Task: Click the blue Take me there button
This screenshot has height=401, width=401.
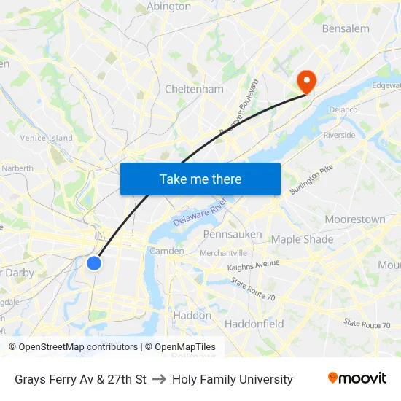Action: click(200, 179)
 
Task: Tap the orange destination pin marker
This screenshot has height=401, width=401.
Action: click(305, 82)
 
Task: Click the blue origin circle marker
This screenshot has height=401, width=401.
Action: click(94, 263)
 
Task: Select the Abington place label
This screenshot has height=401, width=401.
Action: click(168, 7)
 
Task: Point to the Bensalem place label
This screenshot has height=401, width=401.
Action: click(346, 29)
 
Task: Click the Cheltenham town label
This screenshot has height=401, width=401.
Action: click(194, 89)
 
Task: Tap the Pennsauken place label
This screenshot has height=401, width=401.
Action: click(232, 235)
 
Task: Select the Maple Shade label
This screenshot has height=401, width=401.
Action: click(302, 239)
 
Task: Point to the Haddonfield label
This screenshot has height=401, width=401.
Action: click(254, 324)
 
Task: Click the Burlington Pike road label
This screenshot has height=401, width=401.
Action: click(311, 180)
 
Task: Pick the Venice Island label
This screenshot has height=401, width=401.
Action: click(47, 138)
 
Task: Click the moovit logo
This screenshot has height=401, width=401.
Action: click(357, 378)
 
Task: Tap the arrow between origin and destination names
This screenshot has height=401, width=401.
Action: click(159, 379)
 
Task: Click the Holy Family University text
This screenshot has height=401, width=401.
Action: click(233, 379)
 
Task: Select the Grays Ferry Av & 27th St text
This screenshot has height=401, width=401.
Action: click(80, 379)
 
